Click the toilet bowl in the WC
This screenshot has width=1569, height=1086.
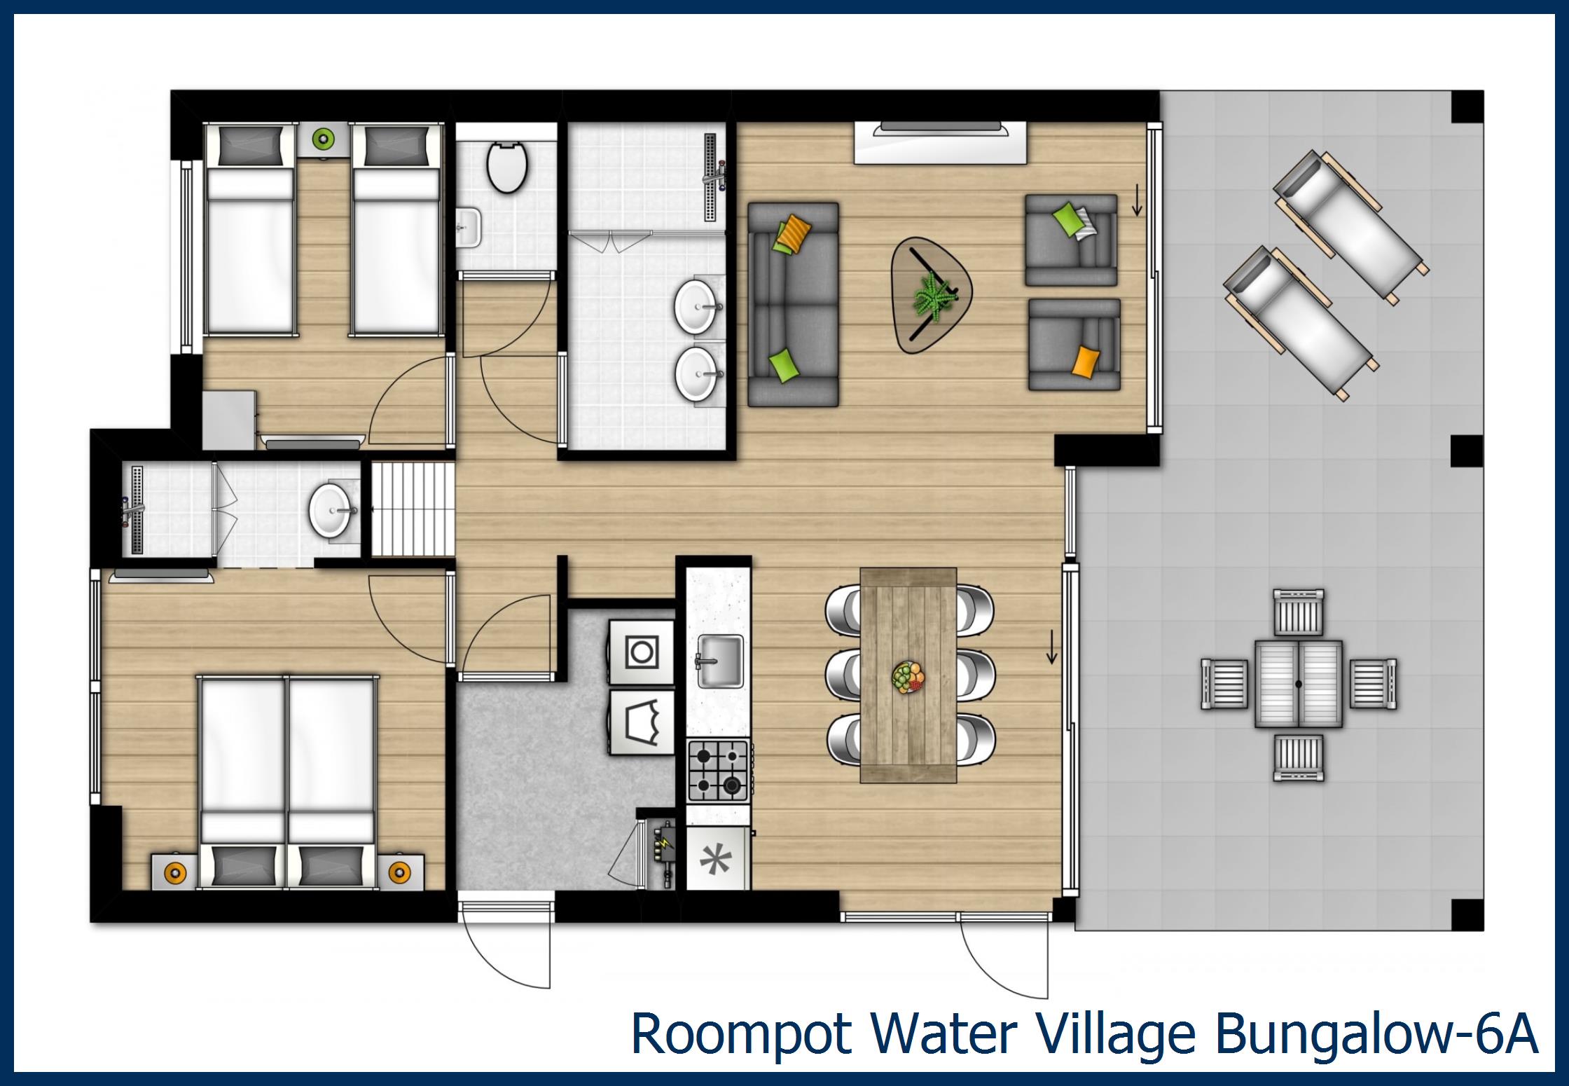click(x=506, y=167)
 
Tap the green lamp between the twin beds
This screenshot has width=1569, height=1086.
click(x=323, y=139)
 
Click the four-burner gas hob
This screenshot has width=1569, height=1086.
click(x=718, y=771)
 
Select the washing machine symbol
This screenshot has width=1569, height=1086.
click(x=642, y=652)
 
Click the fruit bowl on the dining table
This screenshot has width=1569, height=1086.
click(x=908, y=678)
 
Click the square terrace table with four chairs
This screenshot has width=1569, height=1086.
click(x=1299, y=685)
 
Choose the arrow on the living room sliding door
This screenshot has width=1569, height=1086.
click(x=1137, y=203)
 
